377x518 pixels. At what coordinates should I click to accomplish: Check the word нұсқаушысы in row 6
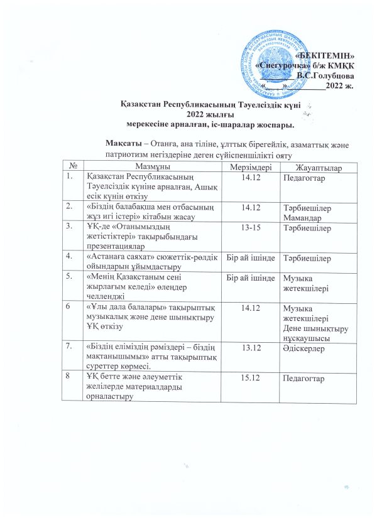(x=309, y=337)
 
